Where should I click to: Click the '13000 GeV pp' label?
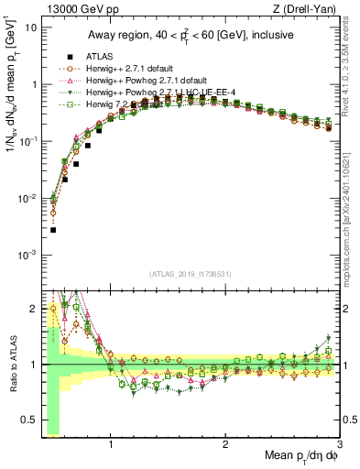pyautogui.click(x=71, y=9)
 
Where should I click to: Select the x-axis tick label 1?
pyautogui.click(x=111, y=446)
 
